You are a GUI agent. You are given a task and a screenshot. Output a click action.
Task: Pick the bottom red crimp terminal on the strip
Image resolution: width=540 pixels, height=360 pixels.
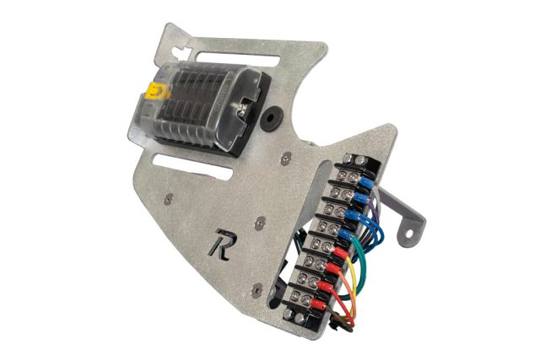click(319, 303)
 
